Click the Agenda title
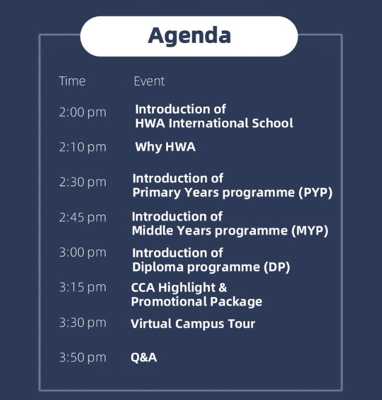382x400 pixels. click(x=189, y=36)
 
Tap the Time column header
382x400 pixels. click(x=72, y=81)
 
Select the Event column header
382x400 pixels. click(x=149, y=81)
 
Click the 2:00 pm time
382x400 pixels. click(x=82, y=112)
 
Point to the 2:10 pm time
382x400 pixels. click(x=82, y=147)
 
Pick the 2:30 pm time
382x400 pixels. click(x=82, y=182)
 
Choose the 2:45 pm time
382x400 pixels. click(x=82, y=218)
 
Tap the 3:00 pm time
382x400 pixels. click(x=82, y=252)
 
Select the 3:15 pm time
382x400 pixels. click(x=82, y=287)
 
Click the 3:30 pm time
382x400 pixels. click(x=82, y=322)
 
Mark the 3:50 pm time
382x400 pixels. click(x=82, y=358)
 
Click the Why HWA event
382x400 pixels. click(x=166, y=147)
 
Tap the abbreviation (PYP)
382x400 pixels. click(x=316, y=193)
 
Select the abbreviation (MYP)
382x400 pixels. click(x=310, y=231)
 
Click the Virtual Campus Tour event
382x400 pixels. click(x=193, y=324)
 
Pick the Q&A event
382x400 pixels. click(x=144, y=358)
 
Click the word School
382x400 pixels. click(x=272, y=123)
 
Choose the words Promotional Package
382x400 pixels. click(x=196, y=302)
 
